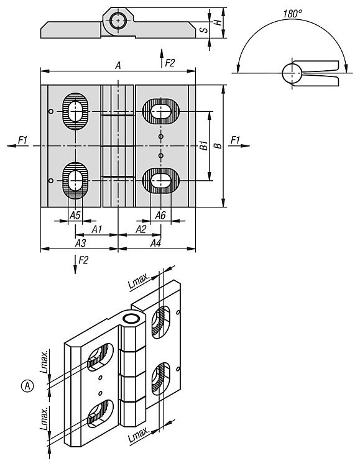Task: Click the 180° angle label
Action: [x=292, y=14]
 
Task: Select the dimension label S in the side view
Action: [x=204, y=30]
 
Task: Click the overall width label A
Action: [x=118, y=65]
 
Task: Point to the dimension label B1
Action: [x=204, y=145]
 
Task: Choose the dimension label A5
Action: [x=75, y=215]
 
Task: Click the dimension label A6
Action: [x=160, y=215]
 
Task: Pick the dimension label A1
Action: [x=97, y=229]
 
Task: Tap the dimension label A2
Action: [x=141, y=229]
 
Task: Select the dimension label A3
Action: [x=80, y=243]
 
